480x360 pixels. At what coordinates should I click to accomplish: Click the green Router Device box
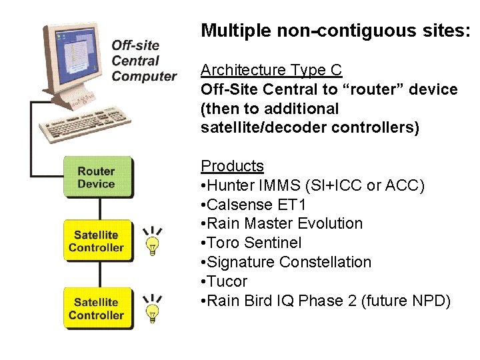click(97, 177)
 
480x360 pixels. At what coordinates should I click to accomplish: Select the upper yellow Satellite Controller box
click(97, 241)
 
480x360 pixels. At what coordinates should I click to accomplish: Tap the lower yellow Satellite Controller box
click(97, 308)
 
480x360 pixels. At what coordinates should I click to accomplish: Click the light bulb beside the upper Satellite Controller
click(153, 241)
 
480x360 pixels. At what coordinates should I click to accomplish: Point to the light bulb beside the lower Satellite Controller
click(153, 307)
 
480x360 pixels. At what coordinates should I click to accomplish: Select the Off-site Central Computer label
click(143, 61)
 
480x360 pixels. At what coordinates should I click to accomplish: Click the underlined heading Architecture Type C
click(271, 70)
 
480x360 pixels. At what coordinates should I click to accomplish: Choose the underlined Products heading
click(232, 166)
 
